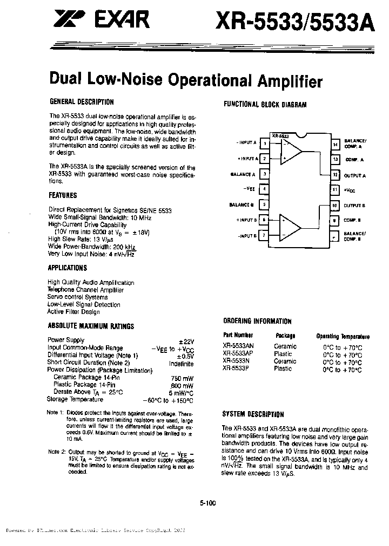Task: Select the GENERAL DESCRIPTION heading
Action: coord(82,101)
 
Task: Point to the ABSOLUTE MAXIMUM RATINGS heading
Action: coord(91,326)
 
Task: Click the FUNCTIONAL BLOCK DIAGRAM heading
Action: coord(265,105)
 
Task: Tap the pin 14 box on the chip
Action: coord(336,144)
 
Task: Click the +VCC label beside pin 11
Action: coord(350,190)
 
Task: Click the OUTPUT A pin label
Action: coord(356,175)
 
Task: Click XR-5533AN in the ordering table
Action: coord(237,347)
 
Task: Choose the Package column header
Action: coord(285,335)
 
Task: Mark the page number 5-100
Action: coord(207,503)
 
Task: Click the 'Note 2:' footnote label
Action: coord(56,452)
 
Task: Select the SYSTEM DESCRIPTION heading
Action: coord(253,414)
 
